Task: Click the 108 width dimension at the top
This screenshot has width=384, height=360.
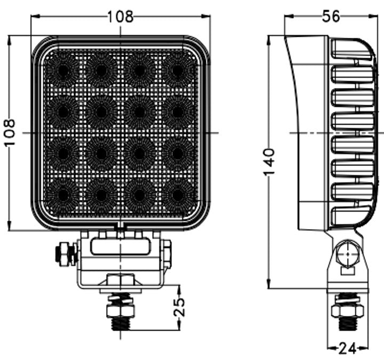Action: pyautogui.click(x=120, y=16)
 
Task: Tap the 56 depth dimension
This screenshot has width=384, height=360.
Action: pyautogui.click(x=331, y=16)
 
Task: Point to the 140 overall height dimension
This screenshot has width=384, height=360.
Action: pyautogui.click(x=270, y=162)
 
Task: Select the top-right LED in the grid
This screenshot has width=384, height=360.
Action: pyautogui.click(x=177, y=70)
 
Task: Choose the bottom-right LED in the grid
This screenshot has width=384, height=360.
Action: pyautogui.click(x=177, y=195)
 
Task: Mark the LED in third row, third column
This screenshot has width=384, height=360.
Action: pyautogui.click(x=139, y=154)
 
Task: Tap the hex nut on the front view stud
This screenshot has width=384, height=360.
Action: pyautogui.click(x=121, y=310)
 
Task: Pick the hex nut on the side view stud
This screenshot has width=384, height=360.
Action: pyautogui.click(x=347, y=310)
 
